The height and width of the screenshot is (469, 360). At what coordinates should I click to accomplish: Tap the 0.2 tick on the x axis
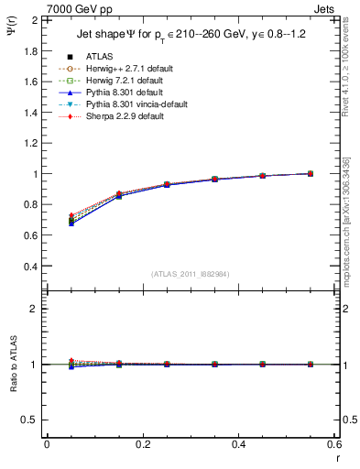click(143, 444)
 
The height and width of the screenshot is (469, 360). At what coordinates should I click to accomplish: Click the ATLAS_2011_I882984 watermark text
click(191, 275)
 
